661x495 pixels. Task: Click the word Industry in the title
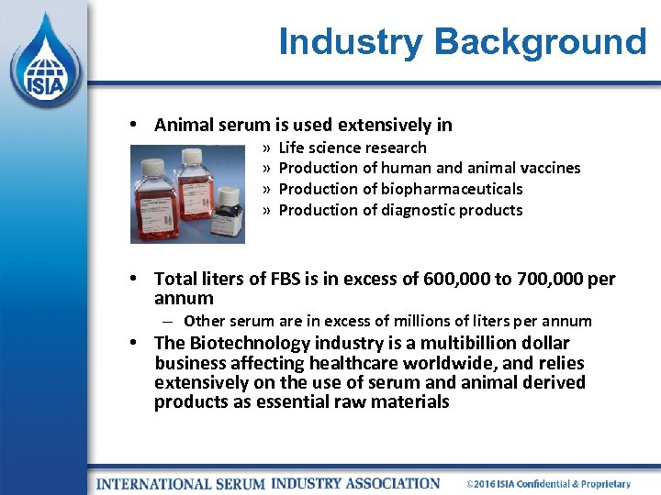click(x=351, y=42)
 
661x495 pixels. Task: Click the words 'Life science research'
click(x=353, y=148)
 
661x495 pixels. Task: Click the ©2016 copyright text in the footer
click(x=548, y=483)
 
